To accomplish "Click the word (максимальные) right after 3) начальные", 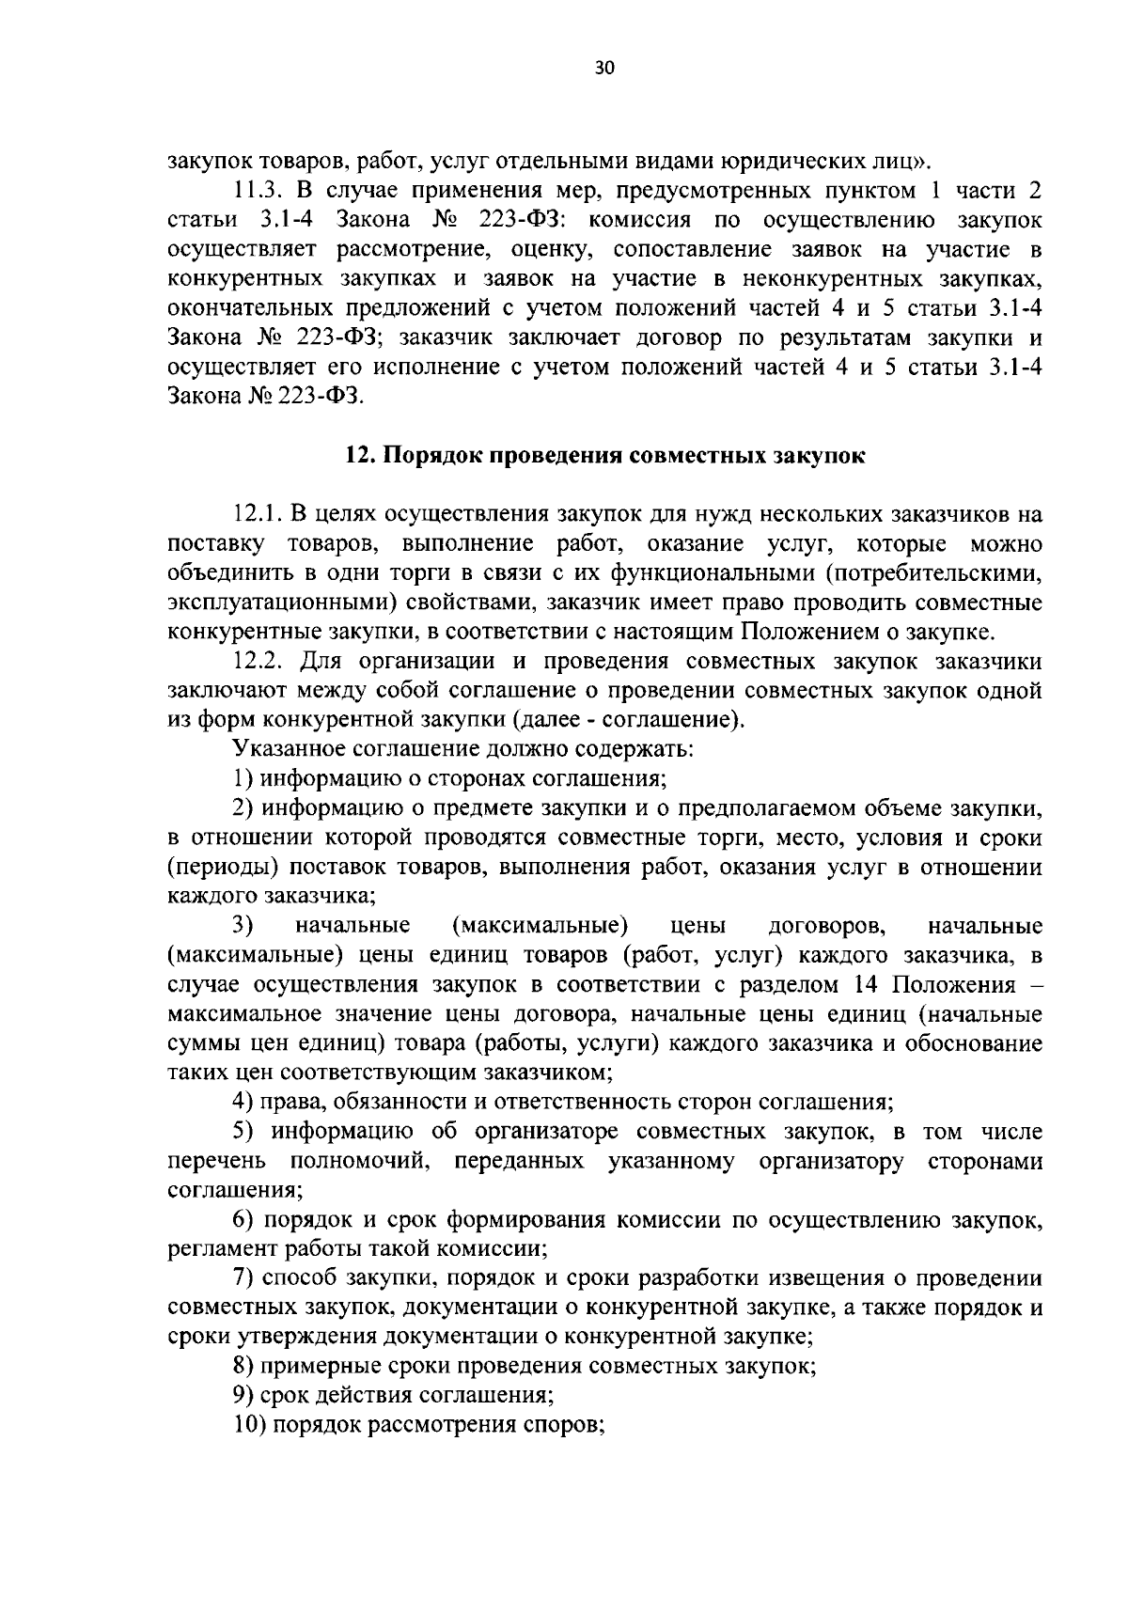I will tap(540, 926).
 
